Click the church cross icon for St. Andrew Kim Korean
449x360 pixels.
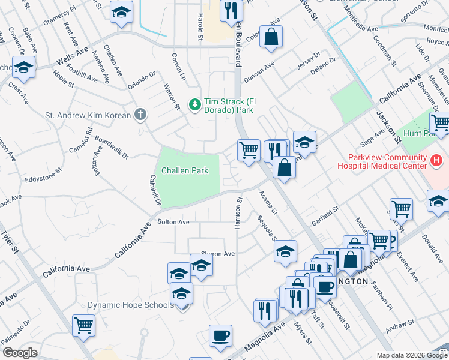pos(140,114)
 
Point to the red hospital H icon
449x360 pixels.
pos(436,161)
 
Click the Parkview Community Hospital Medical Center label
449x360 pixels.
pos(381,163)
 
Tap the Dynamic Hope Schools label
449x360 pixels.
pos(130,305)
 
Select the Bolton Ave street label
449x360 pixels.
pos(173,223)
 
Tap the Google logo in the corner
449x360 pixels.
pos(20,353)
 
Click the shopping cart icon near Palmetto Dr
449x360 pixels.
pos(84,326)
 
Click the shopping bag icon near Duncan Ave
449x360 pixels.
pos(271,36)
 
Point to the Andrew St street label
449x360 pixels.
pos(397,328)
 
